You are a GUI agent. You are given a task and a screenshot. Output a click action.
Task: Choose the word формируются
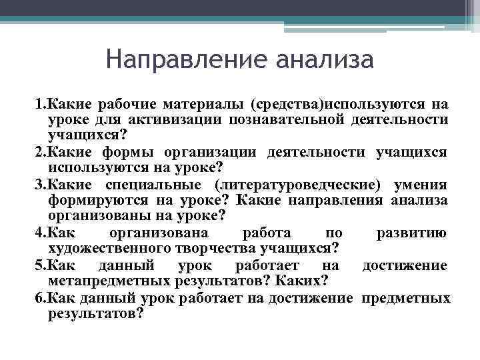(x=100, y=201)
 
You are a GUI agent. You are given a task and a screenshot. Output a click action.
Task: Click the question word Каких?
(x=303, y=280)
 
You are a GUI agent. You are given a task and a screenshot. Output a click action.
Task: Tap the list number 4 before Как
(x=39, y=233)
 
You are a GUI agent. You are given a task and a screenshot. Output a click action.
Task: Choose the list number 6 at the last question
(x=39, y=297)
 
